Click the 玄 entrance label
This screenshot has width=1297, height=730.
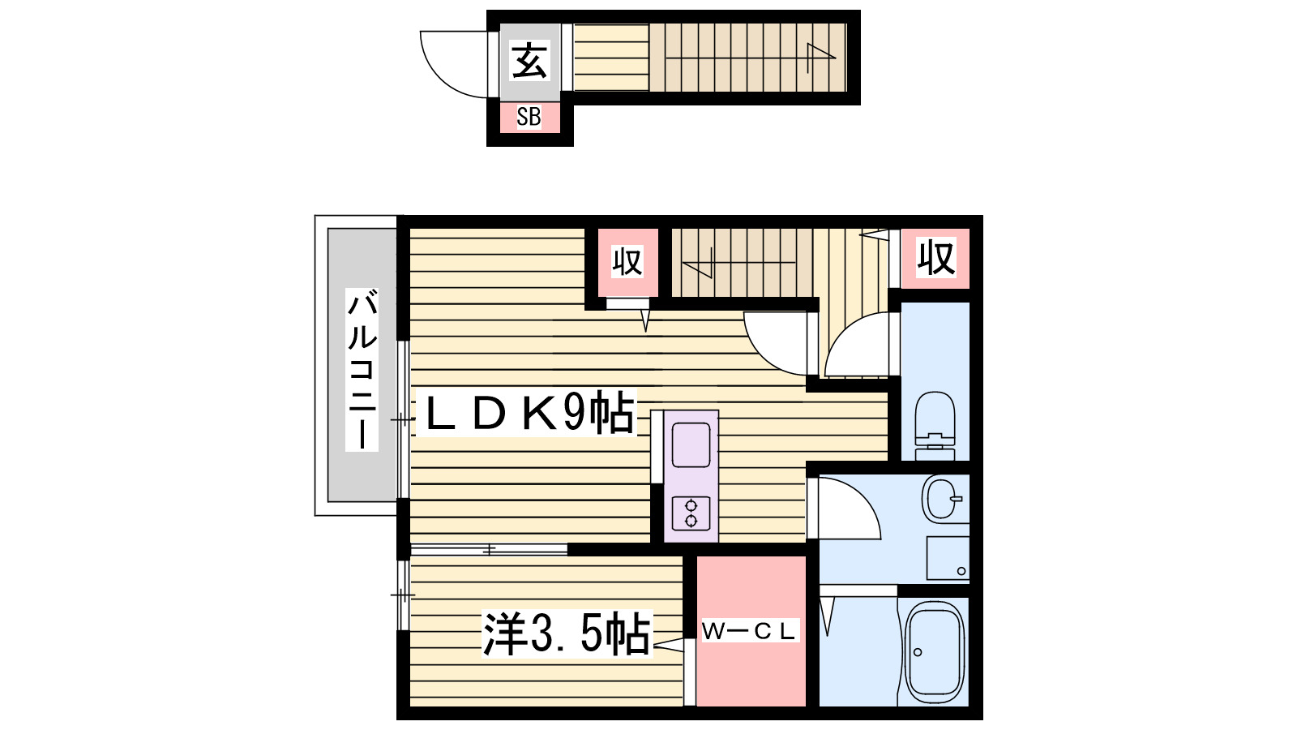tap(529, 61)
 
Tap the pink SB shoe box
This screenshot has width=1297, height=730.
tap(529, 117)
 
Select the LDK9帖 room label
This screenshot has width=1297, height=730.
tap(527, 414)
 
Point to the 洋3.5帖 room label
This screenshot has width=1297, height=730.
tap(567, 633)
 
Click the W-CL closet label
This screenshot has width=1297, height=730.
tap(748, 631)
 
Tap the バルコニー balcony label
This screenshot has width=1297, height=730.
tap(362, 369)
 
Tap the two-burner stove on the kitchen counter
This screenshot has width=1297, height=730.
tap(691, 513)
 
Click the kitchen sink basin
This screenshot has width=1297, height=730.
tap(691, 444)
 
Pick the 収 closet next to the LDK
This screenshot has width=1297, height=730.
tap(627, 261)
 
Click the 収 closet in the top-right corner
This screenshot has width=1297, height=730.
tap(935, 258)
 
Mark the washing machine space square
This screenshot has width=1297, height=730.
tap(947, 557)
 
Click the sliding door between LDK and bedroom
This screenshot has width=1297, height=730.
tap(489, 550)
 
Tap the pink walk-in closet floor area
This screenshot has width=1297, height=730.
tap(751, 673)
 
